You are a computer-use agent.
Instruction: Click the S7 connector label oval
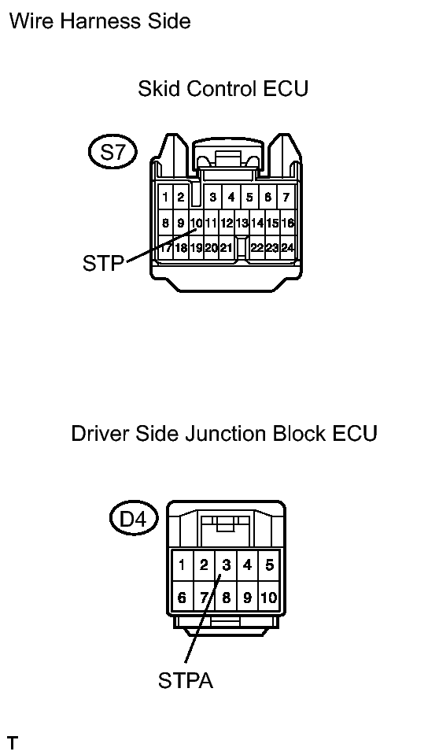(113, 152)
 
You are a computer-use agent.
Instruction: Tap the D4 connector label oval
(133, 519)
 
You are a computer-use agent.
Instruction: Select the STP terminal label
(103, 263)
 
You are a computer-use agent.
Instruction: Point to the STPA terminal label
(186, 680)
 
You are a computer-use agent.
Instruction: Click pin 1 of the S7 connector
(165, 197)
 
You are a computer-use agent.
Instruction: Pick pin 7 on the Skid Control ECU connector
(286, 197)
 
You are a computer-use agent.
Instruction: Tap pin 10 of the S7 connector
(197, 223)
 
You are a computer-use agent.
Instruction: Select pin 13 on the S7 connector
(242, 223)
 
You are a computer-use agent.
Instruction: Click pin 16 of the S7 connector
(287, 223)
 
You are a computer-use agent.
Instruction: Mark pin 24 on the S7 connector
(287, 248)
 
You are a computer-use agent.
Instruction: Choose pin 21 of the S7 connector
(227, 248)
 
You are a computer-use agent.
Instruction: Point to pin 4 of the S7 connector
(231, 197)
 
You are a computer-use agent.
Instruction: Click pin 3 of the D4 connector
(226, 564)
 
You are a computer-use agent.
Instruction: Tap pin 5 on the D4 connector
(269, 564)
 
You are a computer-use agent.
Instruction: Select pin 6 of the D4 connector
(182, 598)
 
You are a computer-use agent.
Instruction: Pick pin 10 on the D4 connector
(269, 598)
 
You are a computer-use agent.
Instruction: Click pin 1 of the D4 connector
(182, 564)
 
